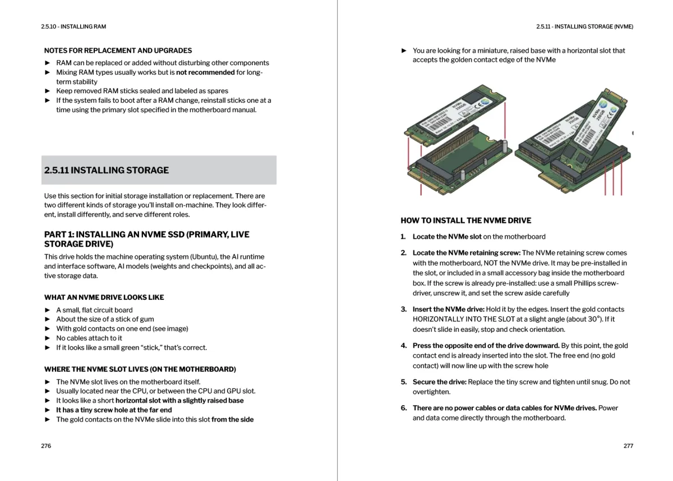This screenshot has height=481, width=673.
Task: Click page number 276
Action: click(x=46, y=446)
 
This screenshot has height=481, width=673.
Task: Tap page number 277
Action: click(x=628, y=446)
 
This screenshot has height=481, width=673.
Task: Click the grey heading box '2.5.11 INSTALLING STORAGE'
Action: click(x=160, y=170)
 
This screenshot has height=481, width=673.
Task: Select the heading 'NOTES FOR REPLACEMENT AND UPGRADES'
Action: click(x=118, y=51)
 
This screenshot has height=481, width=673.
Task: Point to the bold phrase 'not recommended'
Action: click(x=205, y=72)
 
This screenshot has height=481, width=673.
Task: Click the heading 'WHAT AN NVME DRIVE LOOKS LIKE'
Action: click(x=104, y=297)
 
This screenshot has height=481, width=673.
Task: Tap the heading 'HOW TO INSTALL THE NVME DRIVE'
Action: click(x=465, y=221)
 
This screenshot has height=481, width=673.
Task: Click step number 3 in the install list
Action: click(x=403, y=309)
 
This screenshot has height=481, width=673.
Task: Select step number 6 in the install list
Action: click(x=403, y=408)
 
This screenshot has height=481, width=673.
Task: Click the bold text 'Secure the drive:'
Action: click(x=439, y=382)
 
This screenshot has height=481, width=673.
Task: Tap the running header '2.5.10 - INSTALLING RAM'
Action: click(x=73, y=26)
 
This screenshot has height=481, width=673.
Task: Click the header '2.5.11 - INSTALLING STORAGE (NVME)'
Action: click(x=584, y=26)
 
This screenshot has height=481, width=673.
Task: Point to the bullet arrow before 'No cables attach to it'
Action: click(x=48, y=338)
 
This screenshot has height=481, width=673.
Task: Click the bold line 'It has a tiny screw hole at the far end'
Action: click(x=114, y=410)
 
